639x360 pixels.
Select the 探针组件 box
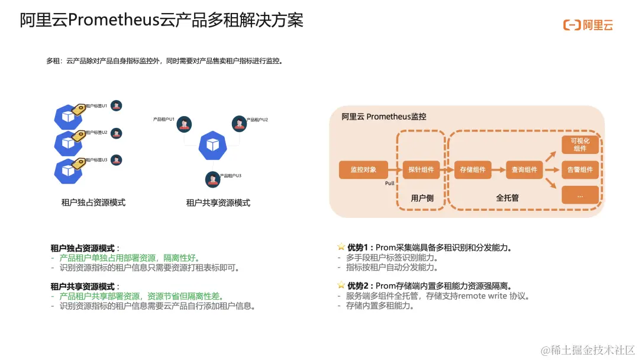coord(421,170)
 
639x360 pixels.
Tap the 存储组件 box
coord(473,170)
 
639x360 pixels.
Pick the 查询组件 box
coord(524,170)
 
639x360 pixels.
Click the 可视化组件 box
coord(580,144)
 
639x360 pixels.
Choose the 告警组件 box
coord(580,170)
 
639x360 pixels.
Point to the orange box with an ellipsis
coord(580,195)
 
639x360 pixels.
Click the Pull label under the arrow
coord(390,184)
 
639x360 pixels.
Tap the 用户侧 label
coord(422,198)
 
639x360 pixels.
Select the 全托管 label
coord(507,198)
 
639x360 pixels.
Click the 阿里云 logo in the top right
coord(588,25)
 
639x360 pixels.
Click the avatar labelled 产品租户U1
coord(185,124)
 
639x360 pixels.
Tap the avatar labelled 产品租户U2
coord(239,123)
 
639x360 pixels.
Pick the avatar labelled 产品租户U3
coord(212,179)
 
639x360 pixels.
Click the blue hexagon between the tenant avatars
coord(212,146)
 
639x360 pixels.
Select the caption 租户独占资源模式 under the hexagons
coord(93,202)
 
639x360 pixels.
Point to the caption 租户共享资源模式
coord(218,203)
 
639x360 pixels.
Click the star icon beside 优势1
coord(341,247)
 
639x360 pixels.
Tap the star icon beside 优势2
coord(341,285)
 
